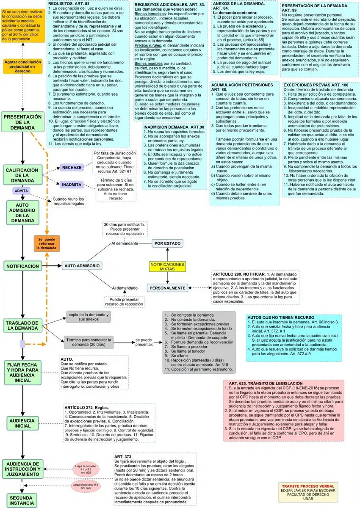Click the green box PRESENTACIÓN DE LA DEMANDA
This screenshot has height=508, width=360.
coord(23,121)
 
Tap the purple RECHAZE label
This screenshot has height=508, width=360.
coord(72,168)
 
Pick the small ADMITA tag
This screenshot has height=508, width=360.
coord(22,191)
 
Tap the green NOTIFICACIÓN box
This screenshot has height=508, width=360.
coord(22,266)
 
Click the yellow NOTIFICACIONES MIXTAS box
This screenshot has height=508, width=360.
coord(168,267)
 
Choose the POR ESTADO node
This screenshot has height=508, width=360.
coord(168,244)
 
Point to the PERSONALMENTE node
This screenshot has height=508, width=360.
coord(167,288)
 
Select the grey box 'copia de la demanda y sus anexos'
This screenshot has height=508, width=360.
coord(89,317)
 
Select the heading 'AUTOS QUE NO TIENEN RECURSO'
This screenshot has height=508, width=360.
coord(280,317)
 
